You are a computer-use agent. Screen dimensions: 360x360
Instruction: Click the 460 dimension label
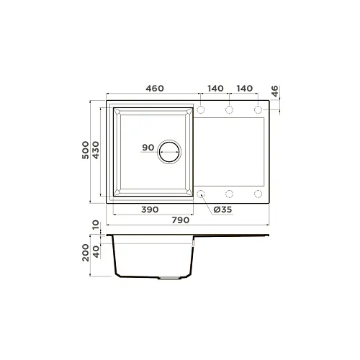point(155,89)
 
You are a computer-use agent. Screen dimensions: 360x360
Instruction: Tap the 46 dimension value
point(274,91)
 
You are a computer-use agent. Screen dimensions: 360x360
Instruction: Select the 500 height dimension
point(85,150)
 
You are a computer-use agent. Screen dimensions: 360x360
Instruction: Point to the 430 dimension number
point(96,150)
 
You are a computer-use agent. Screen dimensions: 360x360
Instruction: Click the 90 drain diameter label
point(148,148)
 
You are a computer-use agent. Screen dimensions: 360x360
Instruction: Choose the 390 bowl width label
point(150,210)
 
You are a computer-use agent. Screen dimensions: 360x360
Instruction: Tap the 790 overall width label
point(181,220)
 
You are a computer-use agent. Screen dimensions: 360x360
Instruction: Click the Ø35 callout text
point(222,210)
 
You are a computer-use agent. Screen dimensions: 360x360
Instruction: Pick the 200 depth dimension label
point(86,253)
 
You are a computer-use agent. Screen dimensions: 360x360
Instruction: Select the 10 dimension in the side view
point(96,225)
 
